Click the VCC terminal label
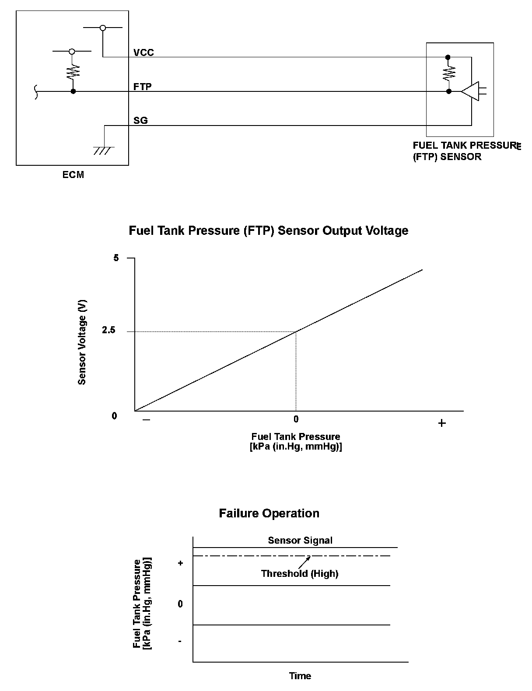pyautogui.click(x=143, y=52)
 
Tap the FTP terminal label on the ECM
pyautogui.click(x=143, y=87)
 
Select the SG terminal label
pyautogui.click(x=140, y=120)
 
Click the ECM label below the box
pyautogui.click(x=73, y=175)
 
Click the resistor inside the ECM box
pyautogui.click(x=73, y=72)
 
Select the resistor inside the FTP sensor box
pyautogui.click(x=448, y=74)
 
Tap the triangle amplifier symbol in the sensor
pyautogui.click(x=471, y=91)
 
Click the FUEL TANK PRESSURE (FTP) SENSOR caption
pyautogui.click(x=465, y=151)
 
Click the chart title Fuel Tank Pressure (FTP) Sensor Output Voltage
pyautogui.click(x=268, y=230)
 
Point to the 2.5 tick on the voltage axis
pyautogui.click(x=108, y=331)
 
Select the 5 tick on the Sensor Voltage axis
pyautogui.click(x=116, y=258)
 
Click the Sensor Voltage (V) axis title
pyautogui.click(x=82, y=342)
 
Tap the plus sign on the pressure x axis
pyautogui.click(x=442, y=423)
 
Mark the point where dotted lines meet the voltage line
pyautogui.click(x=296, y=331)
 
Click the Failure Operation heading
pyautogui.click(x=269, y=513)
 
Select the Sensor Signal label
pyautogui.click(x=300, y=540)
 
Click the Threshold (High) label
pyautogui.click(x=300, y=573)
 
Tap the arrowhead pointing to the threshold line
pyautogui.click(x=309, y=557)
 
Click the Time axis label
pyautogui.click(x=300, y=676)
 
